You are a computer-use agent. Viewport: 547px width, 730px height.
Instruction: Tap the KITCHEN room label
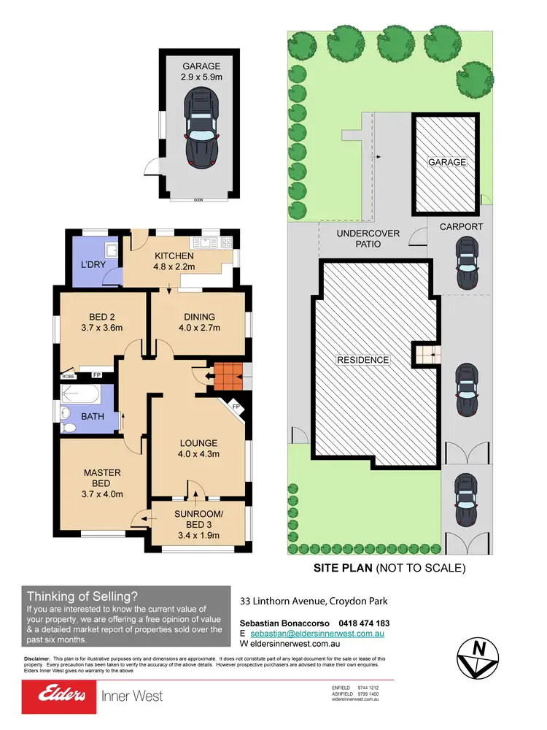coord(174,256)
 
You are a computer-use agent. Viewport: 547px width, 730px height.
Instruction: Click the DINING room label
coord(199,316)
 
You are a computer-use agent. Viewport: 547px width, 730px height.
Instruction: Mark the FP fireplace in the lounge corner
coord(235,407)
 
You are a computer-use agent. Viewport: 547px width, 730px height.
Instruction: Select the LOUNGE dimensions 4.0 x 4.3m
coord(199,454)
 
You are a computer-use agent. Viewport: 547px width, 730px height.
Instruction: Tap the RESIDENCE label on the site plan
coord(362,360)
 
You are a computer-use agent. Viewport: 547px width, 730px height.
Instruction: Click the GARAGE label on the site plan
coord(446,162)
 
